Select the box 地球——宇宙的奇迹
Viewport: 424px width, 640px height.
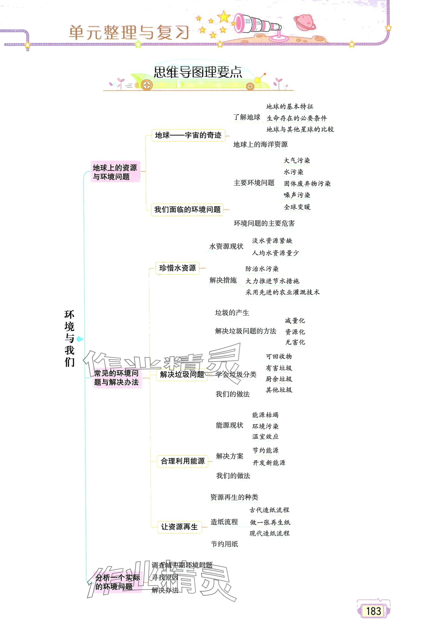[x=188, y=135]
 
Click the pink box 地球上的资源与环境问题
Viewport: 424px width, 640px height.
[x=115, y=172]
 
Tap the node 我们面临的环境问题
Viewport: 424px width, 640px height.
[x=187, y=209]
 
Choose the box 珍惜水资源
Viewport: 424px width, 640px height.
[x=177, y=268]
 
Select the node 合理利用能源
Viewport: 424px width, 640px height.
[x=182, y=461]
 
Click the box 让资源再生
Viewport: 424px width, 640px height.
[x=179, y=526]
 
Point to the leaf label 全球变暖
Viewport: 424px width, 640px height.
[x=297, y=207]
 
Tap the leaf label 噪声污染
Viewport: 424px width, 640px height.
[x=297, y=195]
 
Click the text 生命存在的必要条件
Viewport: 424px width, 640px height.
[x=296, y=118]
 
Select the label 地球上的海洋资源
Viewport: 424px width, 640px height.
[x=260, y=144]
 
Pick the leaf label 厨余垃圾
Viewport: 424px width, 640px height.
[x=279, y=379]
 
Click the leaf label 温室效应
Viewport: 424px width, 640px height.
[x=265, y=436]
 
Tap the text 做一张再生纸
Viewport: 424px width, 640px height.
[x=270, y=522]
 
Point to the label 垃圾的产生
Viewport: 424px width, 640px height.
[x=232, y=313]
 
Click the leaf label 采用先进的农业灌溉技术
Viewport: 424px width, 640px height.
[x=282, y=292]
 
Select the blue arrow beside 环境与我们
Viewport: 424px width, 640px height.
[x=80, y=339]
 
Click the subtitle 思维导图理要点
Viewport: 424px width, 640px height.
[x=198, y=72]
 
